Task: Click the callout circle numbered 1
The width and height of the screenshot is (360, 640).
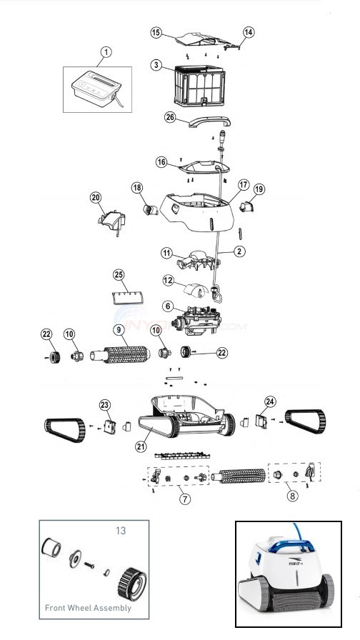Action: [x=106, y=51]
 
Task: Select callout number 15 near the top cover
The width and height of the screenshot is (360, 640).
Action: [x=156, y=32]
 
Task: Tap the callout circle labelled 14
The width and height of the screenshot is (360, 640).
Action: [x=249, y=32]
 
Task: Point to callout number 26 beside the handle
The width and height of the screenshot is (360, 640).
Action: [x=170, y=119]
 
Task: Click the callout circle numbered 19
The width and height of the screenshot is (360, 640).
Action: [x=259, y=189]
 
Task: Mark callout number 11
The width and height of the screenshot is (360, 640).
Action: [x=165, y=254]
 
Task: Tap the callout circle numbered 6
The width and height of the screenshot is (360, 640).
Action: [x=167, y=306]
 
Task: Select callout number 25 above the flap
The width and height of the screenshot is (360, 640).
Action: [x=119, y=275]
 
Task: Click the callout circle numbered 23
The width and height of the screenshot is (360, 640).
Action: [x=106, y=405]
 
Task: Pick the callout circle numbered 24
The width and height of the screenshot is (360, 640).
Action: [x=270, y=401]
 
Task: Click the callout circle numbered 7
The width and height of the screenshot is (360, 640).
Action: [x=185, y=499]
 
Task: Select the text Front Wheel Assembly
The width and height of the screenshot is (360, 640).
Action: [x=88, y=608]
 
